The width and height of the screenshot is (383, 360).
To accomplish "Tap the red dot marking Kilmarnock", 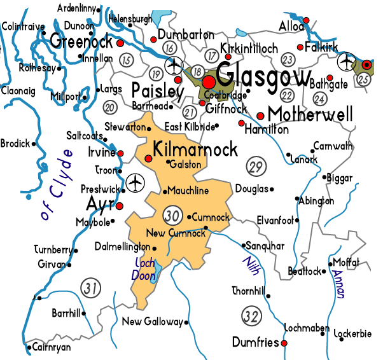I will [x=149, y=159].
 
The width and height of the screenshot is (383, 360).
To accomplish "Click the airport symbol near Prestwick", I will [x=134, y=183].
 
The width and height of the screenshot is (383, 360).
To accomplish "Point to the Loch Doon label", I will [x=146, y=270].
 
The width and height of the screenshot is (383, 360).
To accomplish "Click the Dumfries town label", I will [x=254, y=342].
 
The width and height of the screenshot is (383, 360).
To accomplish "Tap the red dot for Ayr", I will [x=119, y=205].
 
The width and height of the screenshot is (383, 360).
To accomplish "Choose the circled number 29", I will [x=254, y=167].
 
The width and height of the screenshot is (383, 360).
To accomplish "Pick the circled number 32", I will [x=251, y=314].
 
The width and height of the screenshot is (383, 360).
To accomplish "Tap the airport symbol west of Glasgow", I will [x=173, y=66].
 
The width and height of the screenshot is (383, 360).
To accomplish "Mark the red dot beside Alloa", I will [x=305, y=21].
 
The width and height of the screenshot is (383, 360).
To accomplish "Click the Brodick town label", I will [x=15, y=144].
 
